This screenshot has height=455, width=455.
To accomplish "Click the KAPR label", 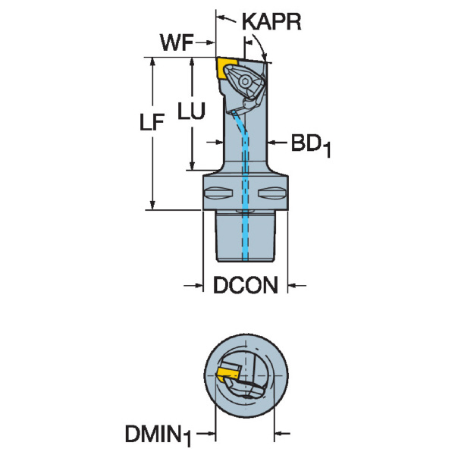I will [271, 22].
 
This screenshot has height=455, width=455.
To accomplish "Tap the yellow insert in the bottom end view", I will [226, 373].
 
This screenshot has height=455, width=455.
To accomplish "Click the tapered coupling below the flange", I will [246, 239].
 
